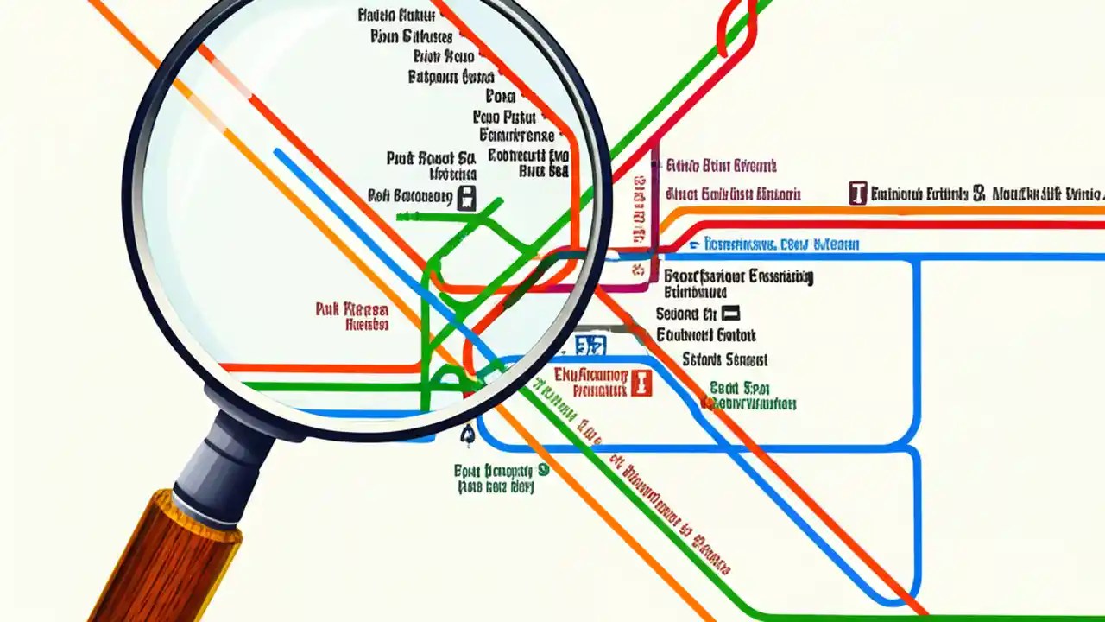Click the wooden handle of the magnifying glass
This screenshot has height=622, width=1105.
[164, 562]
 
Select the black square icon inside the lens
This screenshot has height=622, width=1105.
[466, 197]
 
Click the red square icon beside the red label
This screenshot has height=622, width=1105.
[640, 382]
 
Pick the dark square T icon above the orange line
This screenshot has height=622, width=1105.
[857, 193]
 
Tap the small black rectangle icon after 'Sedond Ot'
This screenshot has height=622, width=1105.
[730, 314]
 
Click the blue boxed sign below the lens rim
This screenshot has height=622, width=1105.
[591, 346]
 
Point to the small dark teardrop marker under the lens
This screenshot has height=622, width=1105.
[468, 435]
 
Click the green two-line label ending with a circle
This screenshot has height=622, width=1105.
[501, 478]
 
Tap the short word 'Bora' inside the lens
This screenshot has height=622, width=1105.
[501, 97]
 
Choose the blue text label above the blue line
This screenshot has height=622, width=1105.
[781, 244]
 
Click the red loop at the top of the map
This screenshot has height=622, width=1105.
[736, 26]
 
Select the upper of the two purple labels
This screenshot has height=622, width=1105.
[722, 166]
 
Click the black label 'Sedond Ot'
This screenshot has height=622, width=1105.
[686, 314]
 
